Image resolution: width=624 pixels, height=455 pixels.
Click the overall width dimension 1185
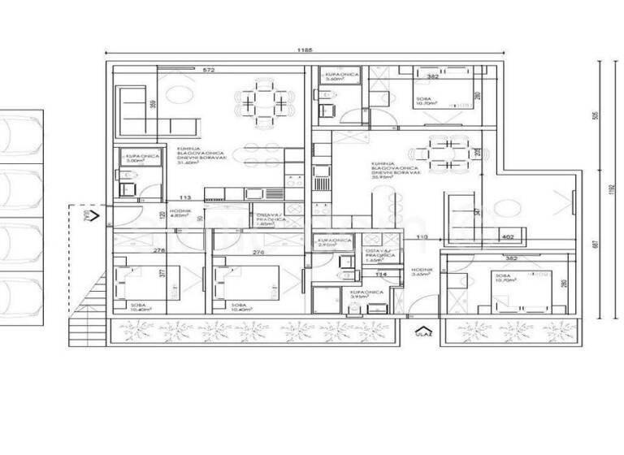coord(305,50)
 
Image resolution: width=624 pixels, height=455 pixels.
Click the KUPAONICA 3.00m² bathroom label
coord(133,158)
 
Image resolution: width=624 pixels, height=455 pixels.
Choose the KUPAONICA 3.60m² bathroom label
coord(340,76)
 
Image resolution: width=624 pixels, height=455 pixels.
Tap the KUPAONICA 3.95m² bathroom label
coord(361,294)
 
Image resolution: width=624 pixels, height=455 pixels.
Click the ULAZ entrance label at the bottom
coord(423,333)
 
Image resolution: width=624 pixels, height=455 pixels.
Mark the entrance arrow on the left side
coord(93,215)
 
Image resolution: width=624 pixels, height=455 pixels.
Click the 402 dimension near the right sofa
coord(508,236)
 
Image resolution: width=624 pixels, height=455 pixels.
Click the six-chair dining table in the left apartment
coord(264,103)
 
